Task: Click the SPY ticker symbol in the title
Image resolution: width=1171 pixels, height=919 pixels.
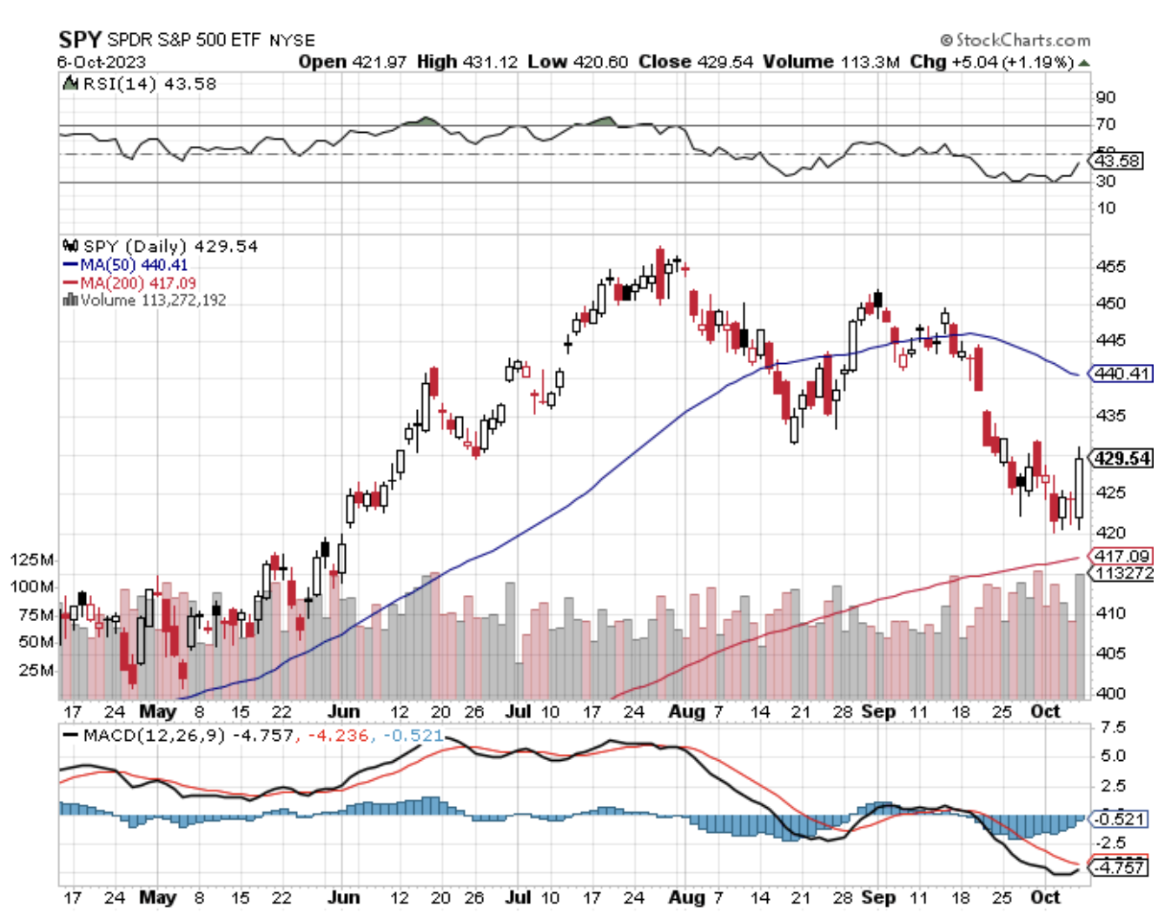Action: click(80, 40)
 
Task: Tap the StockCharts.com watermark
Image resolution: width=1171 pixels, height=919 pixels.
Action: click(1016, 40)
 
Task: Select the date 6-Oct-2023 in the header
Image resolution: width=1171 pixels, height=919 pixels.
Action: click(102, 63)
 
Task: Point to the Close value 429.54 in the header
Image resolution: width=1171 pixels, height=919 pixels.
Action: click(724, 62)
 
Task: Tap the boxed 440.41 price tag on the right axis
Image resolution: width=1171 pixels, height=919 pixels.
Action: click(1121, 374)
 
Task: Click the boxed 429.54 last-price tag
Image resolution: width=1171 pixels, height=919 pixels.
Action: click(1122, 458)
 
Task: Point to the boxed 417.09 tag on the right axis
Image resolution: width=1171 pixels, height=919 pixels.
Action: click(1121, 555)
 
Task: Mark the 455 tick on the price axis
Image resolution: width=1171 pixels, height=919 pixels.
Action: click(1110, 267)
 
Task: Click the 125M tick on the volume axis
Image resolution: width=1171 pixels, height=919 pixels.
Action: click(32, 559)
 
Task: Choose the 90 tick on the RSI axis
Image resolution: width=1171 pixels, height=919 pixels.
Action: click(1106, 97)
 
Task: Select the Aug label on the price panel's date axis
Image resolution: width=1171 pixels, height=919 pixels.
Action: click(686, 711)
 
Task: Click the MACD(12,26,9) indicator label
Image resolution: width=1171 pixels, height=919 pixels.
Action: click(154, 736)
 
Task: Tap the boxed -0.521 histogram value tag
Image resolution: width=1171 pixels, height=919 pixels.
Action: click(1119, 819)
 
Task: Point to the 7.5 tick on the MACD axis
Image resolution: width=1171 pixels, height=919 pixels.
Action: click(1112, 728)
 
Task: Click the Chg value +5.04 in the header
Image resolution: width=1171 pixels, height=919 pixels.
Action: click(975, 62)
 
